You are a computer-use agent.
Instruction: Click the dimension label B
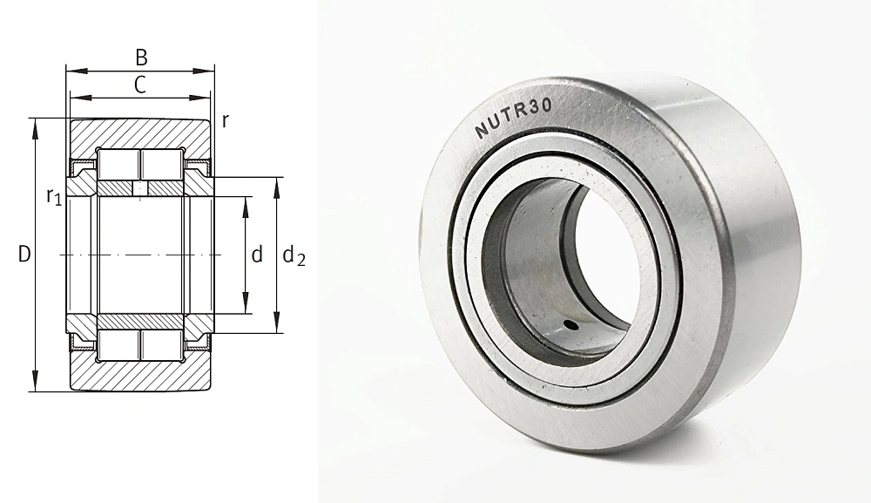142,58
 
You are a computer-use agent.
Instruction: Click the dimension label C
140,85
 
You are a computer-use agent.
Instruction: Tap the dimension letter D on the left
24,254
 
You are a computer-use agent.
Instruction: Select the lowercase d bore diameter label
257,254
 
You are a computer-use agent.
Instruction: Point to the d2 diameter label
294,255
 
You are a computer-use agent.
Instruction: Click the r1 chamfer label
54,197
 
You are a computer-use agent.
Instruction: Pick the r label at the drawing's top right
225,120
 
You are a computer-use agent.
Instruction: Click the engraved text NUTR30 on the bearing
514,118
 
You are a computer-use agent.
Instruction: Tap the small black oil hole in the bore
570,324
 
